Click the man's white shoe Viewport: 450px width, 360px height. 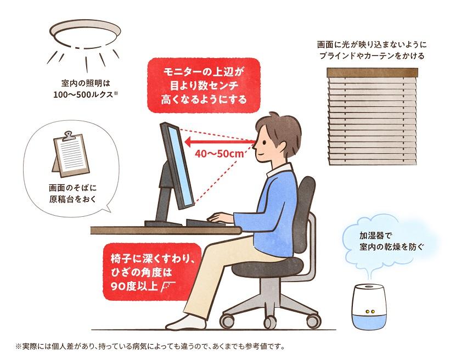[181, 320]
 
